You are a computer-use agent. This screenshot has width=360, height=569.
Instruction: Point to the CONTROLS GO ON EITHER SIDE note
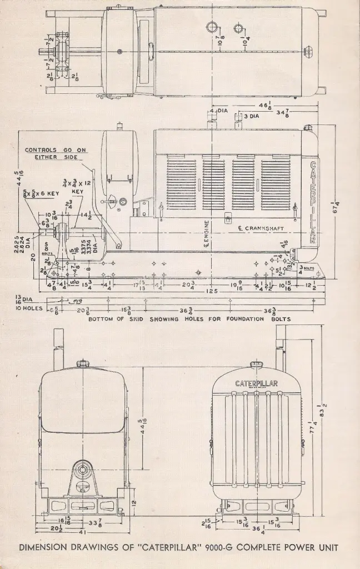(56, 153)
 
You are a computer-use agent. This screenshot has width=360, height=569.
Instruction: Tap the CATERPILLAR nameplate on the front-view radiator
(256, 383)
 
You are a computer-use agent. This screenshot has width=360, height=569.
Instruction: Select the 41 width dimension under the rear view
(83, 524)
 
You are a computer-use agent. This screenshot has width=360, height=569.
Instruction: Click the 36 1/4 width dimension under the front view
(256, 528)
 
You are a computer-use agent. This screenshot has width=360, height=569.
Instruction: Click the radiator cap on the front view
(256, 365)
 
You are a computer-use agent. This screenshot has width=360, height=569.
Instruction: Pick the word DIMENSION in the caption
(43, 547)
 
